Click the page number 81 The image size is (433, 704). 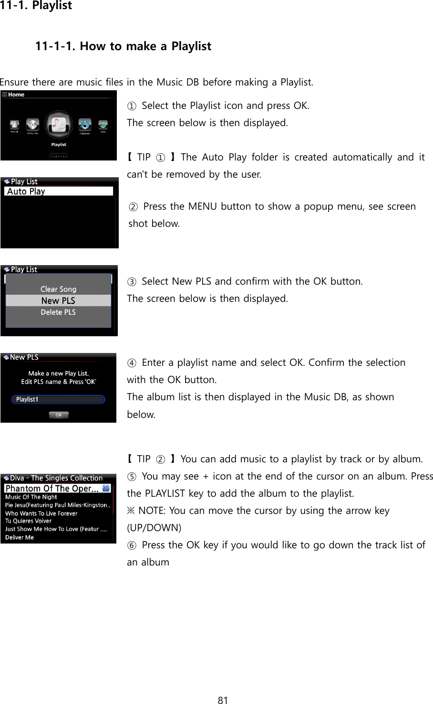(223, 700)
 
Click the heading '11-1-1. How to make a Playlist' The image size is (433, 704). (123, 46)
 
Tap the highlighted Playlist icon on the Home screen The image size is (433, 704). (58, 125)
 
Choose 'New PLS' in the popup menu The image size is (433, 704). (58, 300)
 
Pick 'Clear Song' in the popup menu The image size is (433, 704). (58, 289)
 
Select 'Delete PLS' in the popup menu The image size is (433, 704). (58, 312)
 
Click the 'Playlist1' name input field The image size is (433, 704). (58, 399)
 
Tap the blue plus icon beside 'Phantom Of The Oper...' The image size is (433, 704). (106, 488)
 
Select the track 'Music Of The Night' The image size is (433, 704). (31, 497)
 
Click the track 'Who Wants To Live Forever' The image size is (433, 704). (41, 513)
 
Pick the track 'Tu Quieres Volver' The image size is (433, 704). (28, 521)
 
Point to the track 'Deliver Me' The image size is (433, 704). (20, 537)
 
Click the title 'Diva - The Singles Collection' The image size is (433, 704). (56, 478)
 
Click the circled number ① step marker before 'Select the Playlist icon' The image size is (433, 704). (132, 106)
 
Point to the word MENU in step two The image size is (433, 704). (203, 206)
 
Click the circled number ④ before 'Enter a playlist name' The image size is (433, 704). (132, 363)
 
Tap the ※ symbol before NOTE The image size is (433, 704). (131, 511)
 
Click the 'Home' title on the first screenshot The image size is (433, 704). (16, 95)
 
